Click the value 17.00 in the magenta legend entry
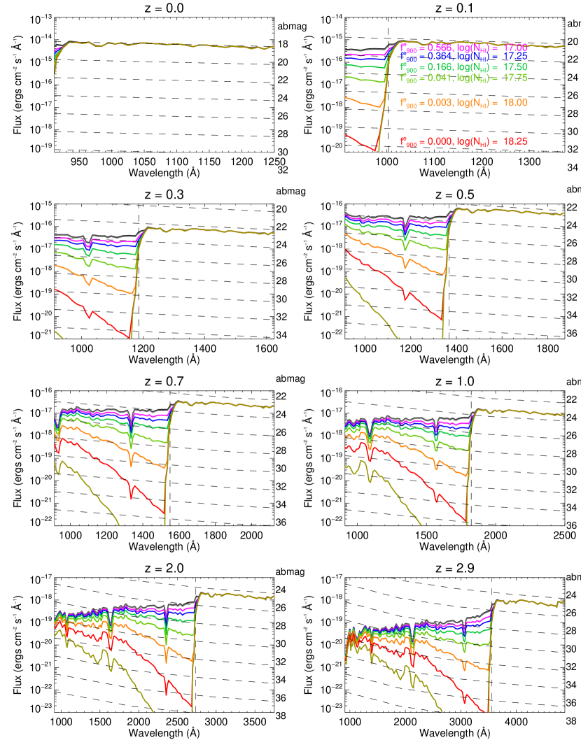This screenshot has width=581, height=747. (514, 47)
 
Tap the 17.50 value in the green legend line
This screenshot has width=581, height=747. (514, 67)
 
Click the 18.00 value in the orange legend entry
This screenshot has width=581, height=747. (514, 103)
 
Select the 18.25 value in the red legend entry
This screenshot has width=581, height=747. (514, 141)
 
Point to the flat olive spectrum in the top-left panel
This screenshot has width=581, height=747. (175, 45)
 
